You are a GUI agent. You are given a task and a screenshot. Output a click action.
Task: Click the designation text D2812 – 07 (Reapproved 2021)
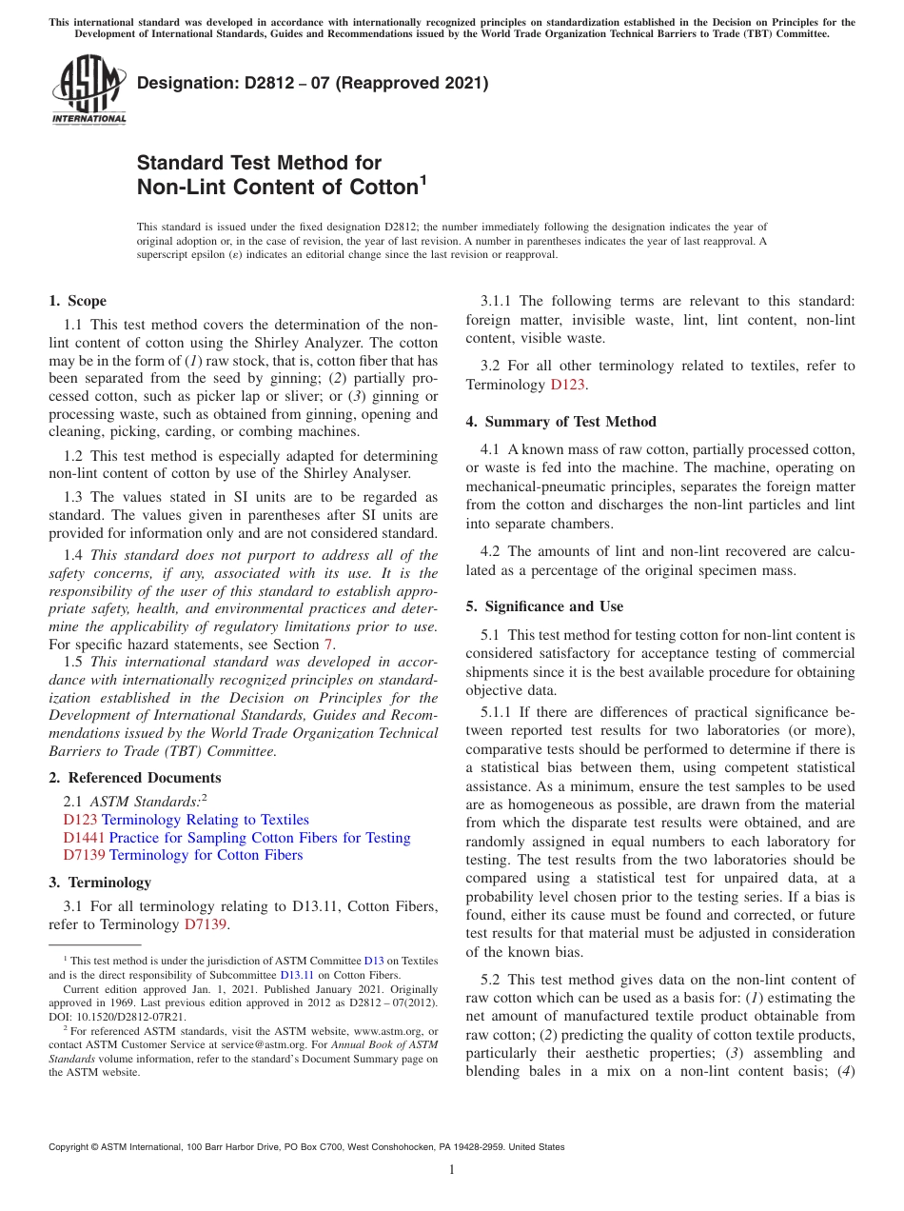312,83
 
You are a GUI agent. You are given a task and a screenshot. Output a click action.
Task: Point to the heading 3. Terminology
100,883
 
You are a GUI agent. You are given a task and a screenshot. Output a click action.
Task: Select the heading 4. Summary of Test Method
560,422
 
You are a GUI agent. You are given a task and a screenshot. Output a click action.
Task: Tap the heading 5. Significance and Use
544,606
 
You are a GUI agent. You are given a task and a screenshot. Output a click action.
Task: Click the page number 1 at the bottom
451,1169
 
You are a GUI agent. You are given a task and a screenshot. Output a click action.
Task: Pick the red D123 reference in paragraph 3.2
569,385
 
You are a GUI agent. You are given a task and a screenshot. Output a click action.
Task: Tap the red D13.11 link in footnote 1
296,975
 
